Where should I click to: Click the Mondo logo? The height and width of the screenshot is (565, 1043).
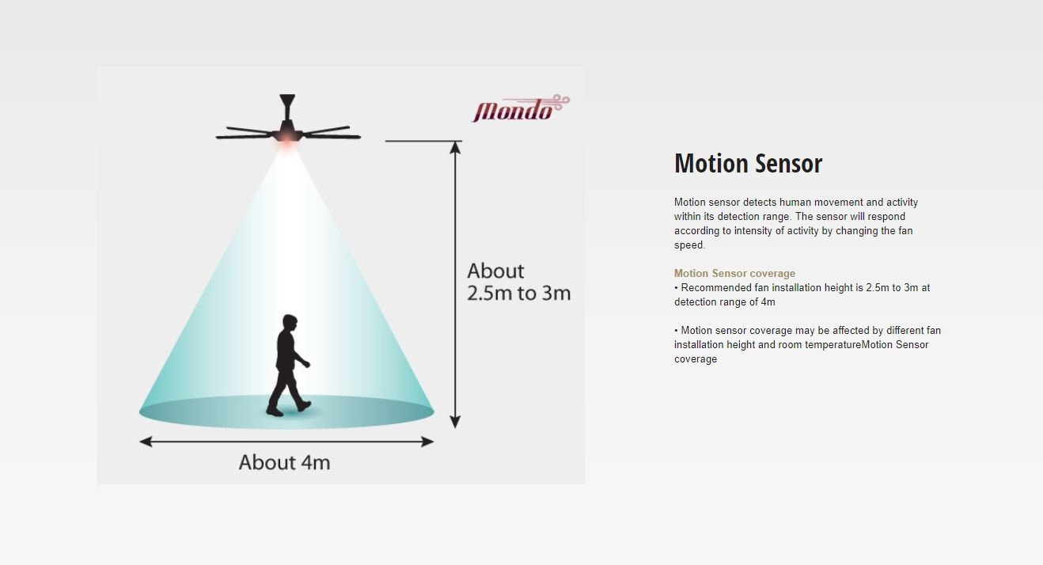(x=521, y=108)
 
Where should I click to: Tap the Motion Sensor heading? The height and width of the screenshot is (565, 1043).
(x=749, y=164)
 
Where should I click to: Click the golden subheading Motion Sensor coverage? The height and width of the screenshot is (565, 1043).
(x=734, y=274)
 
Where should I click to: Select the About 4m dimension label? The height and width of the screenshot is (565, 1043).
(x=285, y=463)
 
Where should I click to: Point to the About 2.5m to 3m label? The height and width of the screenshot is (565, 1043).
(x=518, y=282)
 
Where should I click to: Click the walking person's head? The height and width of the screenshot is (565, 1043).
(x=290, y=322)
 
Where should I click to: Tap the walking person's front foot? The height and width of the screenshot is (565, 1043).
(x=304, y=406)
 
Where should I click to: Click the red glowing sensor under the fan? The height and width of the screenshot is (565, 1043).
(x=286, y=137)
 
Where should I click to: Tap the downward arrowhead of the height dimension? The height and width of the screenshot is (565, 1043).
(x=455, y=422)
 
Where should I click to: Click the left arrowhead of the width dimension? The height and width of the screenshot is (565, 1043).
(x=146, y=442)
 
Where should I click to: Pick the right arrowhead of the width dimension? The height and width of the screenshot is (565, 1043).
(x=427, y=442)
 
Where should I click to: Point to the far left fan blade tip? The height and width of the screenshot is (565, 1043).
(x=218, y=137)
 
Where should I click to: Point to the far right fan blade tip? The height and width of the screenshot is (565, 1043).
(x=359, y=137)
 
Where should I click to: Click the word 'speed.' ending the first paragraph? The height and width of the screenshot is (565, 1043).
(x=689, y=245)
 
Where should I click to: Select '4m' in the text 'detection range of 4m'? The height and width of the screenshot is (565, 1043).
(x=768, y=301)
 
